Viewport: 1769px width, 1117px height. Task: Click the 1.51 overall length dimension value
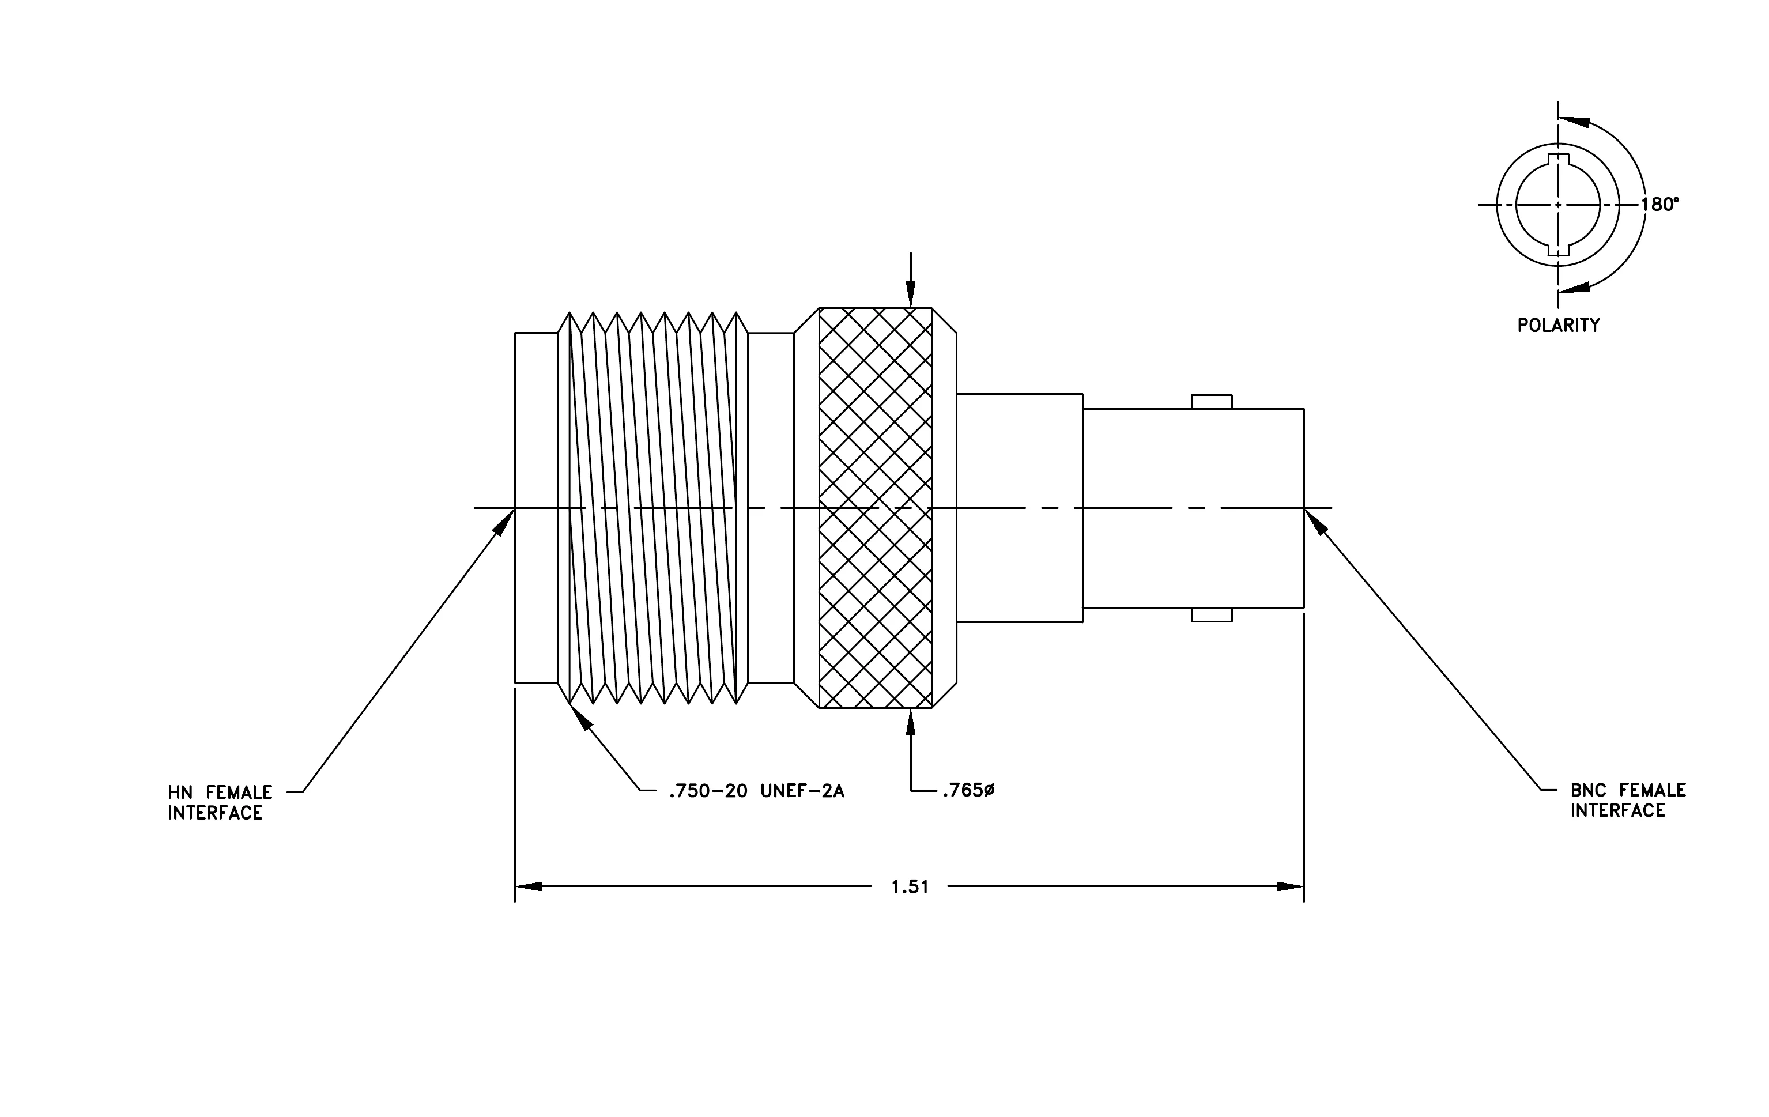point(910,887)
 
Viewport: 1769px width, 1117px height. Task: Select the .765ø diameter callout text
point(968,790)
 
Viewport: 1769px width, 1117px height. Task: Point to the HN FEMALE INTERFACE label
point(220,803)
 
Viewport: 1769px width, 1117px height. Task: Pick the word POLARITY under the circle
point(1558,325)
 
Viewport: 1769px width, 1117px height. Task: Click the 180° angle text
point(1659,204)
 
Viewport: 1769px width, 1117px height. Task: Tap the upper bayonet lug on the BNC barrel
point(1212,402)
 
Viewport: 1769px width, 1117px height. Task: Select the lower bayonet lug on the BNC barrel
point(1212,614)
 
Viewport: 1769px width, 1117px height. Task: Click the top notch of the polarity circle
point(1558,159)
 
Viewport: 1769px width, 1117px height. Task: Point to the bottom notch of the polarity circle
point(1558,250)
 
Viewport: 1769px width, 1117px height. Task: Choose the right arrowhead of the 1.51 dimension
point(1290,886)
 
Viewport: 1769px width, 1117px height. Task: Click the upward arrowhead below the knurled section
point(911,722)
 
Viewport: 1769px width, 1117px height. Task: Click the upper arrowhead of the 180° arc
point(1574,120)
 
